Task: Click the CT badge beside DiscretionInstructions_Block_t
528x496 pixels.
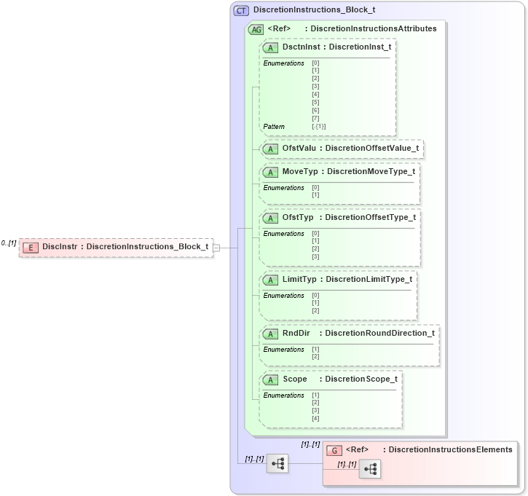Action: pos(240,11)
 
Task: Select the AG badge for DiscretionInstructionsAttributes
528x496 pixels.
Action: pos(256,29)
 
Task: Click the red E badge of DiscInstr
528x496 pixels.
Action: pos(31,247)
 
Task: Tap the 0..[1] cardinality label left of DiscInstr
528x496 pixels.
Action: pos(9,243)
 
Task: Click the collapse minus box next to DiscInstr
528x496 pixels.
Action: pos(216,248)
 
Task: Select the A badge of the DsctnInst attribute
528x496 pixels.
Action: pos(270,47)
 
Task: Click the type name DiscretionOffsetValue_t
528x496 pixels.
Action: pos(371,149)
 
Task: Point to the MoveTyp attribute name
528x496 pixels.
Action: pos(299,171)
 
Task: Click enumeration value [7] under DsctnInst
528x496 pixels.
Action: pos(315,118)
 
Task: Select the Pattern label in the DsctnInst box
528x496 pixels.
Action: pos(274,127)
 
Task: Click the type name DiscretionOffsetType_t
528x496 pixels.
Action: pos(370,217)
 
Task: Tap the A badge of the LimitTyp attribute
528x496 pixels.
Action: pos(270,280)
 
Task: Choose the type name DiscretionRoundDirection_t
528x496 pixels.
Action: pos(379,333)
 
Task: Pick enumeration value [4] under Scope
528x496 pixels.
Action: pos(315,418)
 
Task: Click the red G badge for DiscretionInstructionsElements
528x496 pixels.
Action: pos(334,450)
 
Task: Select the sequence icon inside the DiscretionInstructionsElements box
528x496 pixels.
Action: pos(369,469)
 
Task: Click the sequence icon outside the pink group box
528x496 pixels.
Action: pos(277,462)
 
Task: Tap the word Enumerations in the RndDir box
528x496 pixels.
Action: pos(283,350)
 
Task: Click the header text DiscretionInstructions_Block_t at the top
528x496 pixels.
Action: pos(314,11)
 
